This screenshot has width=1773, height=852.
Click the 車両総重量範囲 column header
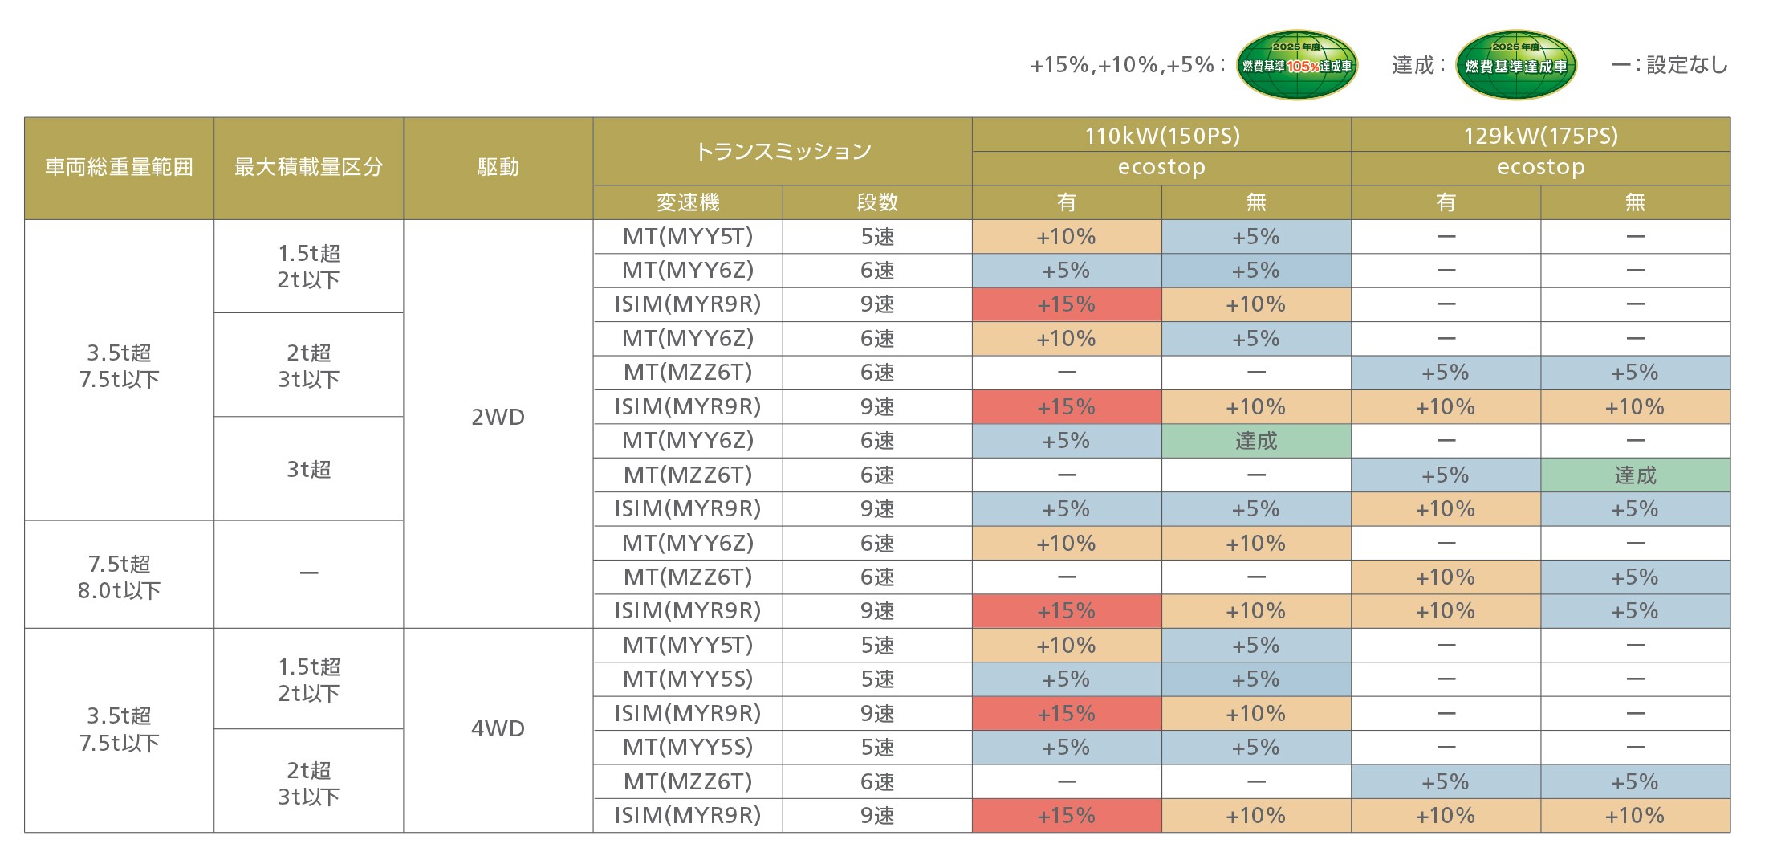click(x=119, y=168)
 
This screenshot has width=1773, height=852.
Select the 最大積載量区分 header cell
click(x=308, y=168)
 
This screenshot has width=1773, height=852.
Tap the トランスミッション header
click(x=782, y=151)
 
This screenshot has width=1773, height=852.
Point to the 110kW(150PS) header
click(x=1161, y=135)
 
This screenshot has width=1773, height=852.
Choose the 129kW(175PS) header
click(x=1540, y=135)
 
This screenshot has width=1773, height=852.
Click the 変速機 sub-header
click(x=687, y=202)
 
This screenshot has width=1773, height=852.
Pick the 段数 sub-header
click(x=876, y=202)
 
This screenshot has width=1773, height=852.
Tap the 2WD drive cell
click(x=498, y=417)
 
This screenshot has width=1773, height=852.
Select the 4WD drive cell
click(x=498, y=728)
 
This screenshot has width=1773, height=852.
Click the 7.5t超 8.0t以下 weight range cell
click(x=119, y=577)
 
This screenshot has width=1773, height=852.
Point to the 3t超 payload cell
click(x=308, y=469)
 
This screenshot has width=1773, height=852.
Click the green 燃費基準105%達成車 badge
click(x=1296, y=65)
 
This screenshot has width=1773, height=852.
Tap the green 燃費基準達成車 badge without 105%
click(x=1515, y=65)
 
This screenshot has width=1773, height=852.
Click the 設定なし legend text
click(x=1686, y=65)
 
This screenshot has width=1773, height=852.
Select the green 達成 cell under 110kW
click(x=1256, y=441)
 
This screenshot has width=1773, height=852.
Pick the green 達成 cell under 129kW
click(x=1635, y=475)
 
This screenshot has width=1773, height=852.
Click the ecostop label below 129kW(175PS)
click(x=1540, y=167)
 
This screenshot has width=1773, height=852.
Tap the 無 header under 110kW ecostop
click(x=1256, y=202)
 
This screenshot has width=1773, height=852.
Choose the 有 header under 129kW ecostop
click(x=1446, y=202)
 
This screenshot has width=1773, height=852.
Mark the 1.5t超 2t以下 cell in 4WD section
click(x=308, y=679)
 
